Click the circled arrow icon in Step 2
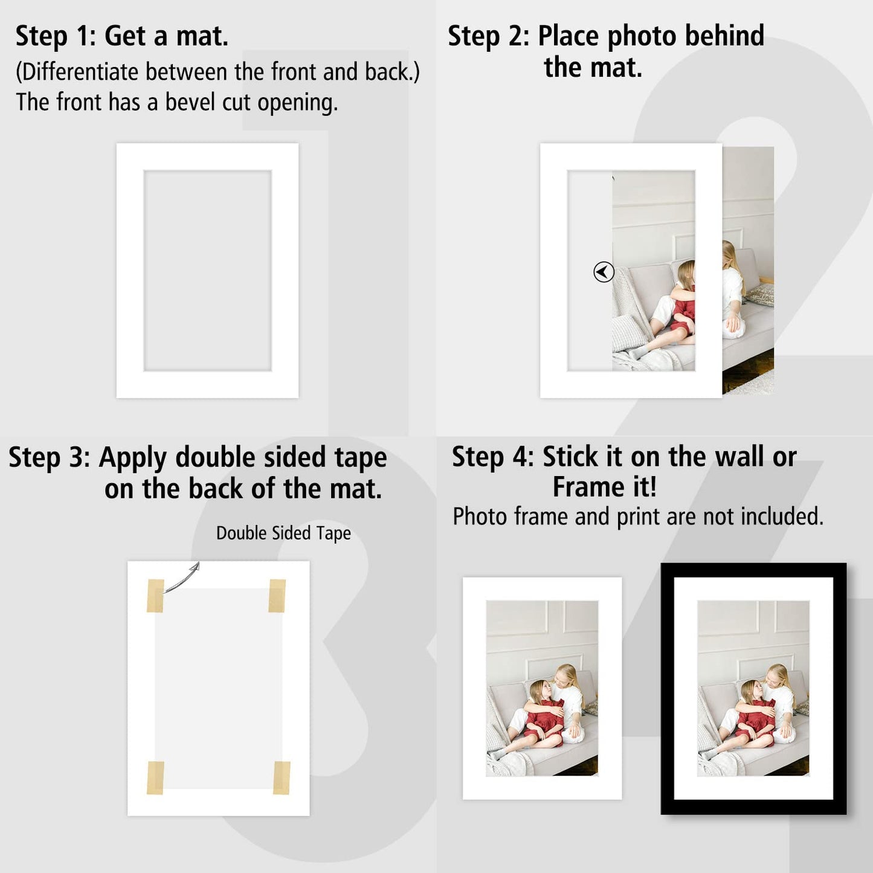point(604,272)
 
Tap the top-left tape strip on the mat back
point(155,595)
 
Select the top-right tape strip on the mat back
point(277,595)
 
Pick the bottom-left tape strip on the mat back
point(155,778)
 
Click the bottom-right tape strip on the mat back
point(282,778)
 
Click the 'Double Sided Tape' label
point(283,533)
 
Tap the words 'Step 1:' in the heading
point(56,36)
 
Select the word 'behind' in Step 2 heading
point(724,36)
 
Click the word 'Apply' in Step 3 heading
point(133,458)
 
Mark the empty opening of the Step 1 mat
point(207,271)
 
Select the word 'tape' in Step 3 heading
point(360,458)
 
